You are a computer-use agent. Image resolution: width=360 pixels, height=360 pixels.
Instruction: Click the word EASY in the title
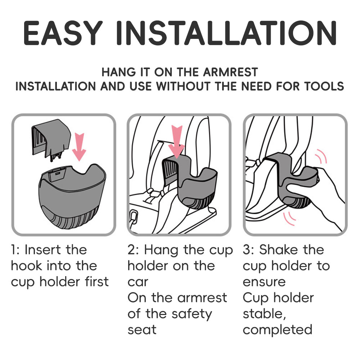(x=63, y=33)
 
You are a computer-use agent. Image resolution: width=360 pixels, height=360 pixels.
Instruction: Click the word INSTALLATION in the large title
(x=226, y=33)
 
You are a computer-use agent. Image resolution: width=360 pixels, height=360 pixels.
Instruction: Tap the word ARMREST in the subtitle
(x=230, y=72)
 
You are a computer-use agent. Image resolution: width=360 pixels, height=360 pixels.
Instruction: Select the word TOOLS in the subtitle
(x=324, y=86)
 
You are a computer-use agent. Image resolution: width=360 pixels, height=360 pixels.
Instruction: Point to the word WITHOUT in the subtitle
(x=183, y=86)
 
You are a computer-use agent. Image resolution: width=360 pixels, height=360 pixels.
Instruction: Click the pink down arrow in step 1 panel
(x=79, y=147)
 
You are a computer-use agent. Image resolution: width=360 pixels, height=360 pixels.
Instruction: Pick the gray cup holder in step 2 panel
(x=189, y=181)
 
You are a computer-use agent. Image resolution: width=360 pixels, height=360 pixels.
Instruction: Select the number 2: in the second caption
(x=133, y=249)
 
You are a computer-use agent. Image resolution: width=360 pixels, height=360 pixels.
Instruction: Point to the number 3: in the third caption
(x=248, y=249)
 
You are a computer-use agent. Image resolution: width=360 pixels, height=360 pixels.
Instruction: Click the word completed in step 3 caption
(x=278, y=330)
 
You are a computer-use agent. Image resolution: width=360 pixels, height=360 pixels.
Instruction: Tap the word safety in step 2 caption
(x=192, y=314)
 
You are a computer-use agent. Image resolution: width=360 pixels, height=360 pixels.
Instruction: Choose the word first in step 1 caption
(x=96, y=282)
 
